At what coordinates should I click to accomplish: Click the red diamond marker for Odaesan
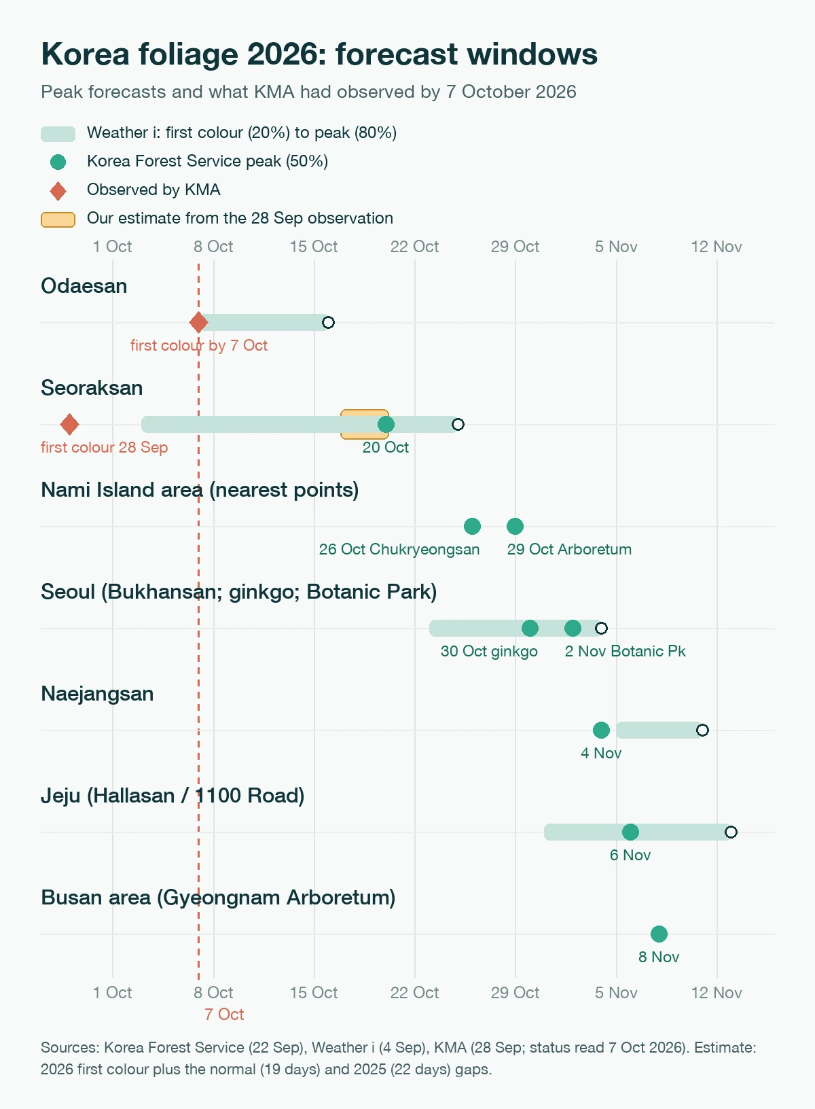pos(198,322)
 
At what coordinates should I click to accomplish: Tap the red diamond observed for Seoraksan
pos(69,424)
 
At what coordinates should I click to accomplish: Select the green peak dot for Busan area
pos(659,934)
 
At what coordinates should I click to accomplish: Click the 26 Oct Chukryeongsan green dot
pos(472,526)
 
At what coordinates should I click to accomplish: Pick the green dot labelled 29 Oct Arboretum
pos(515,526)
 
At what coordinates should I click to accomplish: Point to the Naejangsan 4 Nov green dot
pos(601,730)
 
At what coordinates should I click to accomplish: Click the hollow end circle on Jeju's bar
pos(731,832)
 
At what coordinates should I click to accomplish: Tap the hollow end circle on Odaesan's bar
pos(328,322)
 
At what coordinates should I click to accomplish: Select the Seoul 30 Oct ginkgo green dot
pos(530,629)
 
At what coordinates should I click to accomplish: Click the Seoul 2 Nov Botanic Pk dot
pos(573,629)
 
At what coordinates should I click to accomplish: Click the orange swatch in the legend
pos(58,219)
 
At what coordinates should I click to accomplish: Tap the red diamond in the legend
pos(58,190)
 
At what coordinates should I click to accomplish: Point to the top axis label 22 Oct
pos(415,247)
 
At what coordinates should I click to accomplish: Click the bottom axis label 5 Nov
pos(616,993)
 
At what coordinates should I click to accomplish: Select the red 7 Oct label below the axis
pos(224,1015)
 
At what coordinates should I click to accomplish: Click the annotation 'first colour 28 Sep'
pos(105,447)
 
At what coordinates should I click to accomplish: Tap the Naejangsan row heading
pos(97,694)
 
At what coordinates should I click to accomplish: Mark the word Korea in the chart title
pos(85,54)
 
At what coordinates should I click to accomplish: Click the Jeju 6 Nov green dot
pos(630,832)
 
